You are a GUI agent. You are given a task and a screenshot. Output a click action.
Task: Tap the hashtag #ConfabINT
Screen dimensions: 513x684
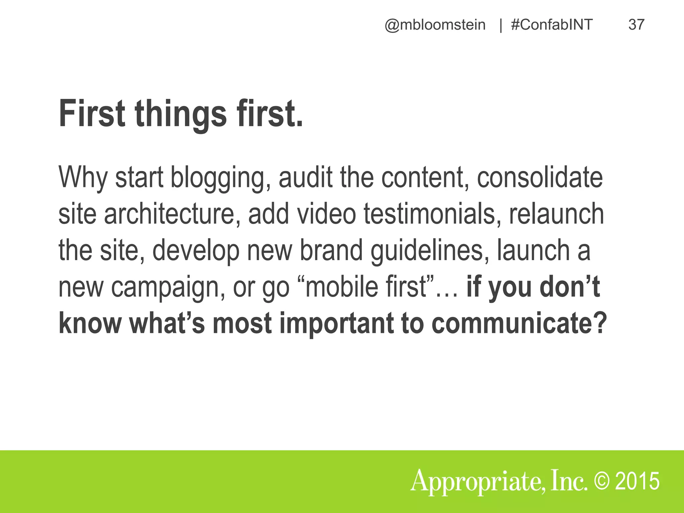pos(552,25)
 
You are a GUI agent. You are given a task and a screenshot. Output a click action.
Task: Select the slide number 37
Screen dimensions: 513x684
pos(636,25)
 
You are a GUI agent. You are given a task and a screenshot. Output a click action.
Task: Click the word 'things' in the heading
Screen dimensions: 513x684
pos(180,114)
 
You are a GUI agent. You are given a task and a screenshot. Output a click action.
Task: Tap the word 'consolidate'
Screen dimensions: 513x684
pos(540,177)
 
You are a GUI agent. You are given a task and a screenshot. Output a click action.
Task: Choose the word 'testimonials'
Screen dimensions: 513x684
pos(432,214)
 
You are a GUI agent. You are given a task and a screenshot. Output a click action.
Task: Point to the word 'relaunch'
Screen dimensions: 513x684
pos(556,214)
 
